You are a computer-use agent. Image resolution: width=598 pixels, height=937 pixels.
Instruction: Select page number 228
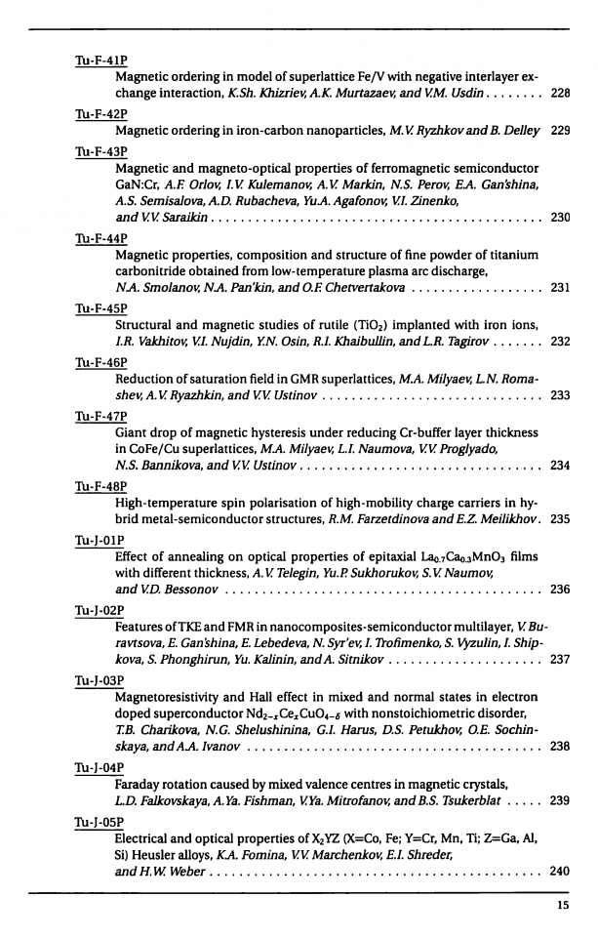(560, 94)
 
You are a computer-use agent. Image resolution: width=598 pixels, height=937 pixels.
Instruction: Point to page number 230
(560, 217)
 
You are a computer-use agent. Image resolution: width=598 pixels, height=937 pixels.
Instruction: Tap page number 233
(560, 395)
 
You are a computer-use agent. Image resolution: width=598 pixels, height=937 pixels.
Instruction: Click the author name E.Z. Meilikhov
(498, 520)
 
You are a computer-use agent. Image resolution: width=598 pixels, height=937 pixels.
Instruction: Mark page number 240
(560, 870)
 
